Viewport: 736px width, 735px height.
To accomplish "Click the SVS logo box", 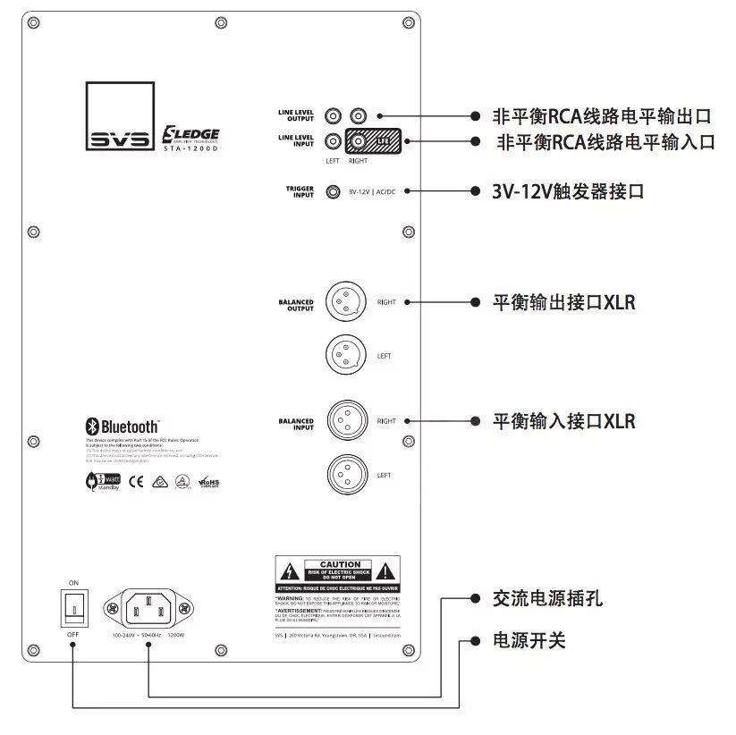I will (x=120, y=117).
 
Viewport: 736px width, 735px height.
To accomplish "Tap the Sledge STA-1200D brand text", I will (x=190, y=138).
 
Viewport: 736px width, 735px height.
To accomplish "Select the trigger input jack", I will (x=334, y=191).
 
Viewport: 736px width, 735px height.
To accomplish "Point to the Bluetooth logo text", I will (x=123, y=427).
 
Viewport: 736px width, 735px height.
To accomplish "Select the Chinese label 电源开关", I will (x=529, y=641).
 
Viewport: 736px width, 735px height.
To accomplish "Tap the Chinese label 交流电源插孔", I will (x=547, y=598).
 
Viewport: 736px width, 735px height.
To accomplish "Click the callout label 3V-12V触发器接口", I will (x=568, y=191).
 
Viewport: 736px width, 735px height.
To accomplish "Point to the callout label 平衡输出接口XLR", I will (x=563, y=302).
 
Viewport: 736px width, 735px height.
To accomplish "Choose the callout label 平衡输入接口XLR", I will (x=563, y=420).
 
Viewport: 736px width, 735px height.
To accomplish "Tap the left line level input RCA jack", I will (x=334, y=141).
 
